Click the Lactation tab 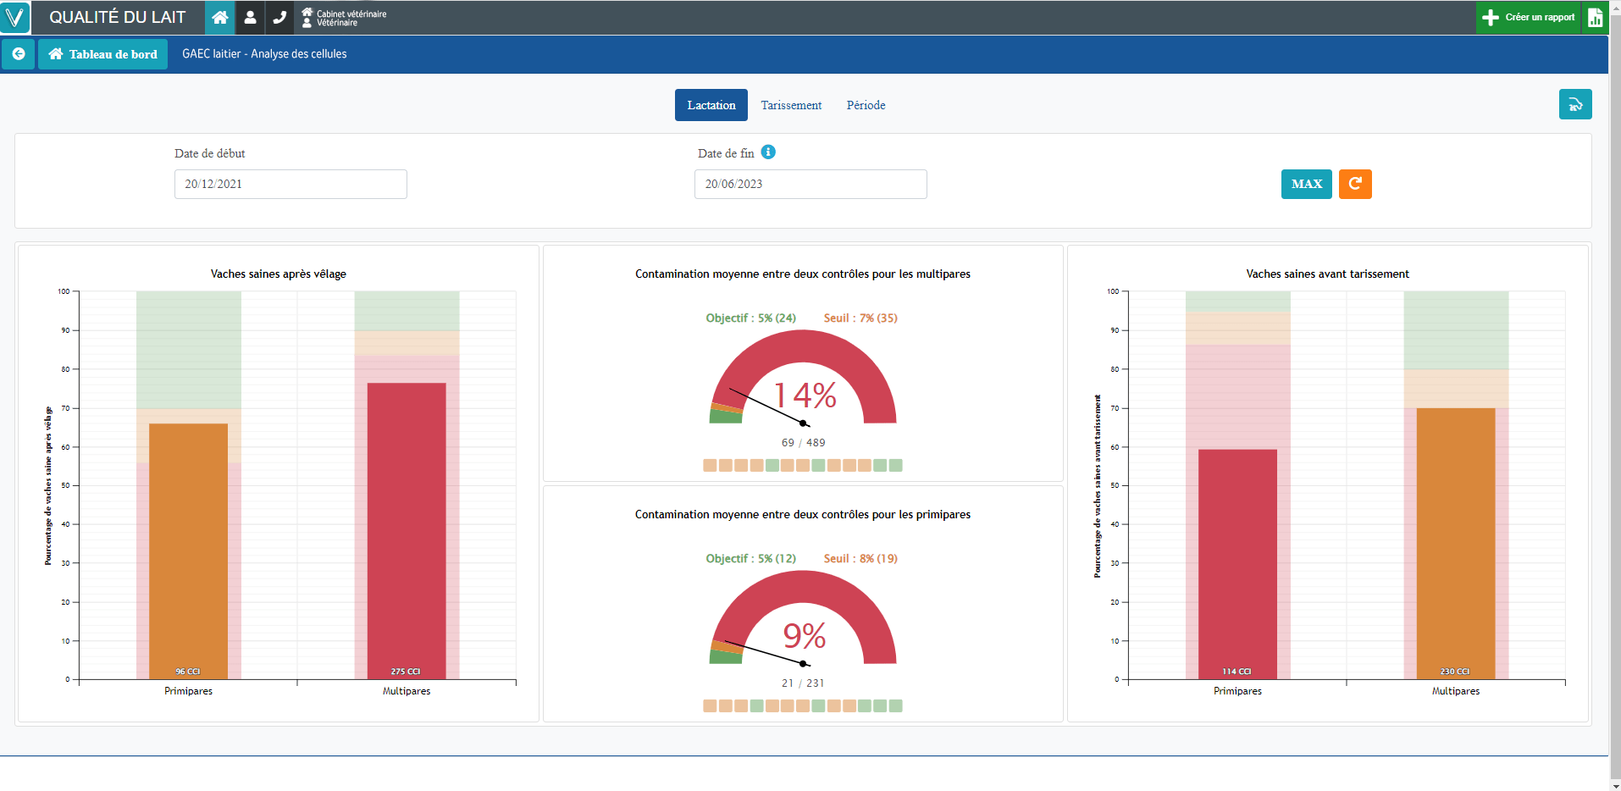(x=711, y=105)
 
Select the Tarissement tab (x=790, y=105)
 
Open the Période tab (x=866, y=105)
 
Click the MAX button (x=1306, y=184)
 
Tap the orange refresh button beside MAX (x=1354, y=184)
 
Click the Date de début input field (x=290, y=184)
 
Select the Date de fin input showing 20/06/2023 (x=810, y=184)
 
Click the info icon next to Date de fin (x=767, y=152)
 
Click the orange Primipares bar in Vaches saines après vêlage (x=188, y=550)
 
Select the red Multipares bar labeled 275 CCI (x=407, y=529)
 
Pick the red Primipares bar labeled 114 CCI (x=1237, y=563)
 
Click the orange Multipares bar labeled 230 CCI (x=1455, y=542)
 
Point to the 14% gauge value (x=805, y=395)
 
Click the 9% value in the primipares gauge (x=804, y=636)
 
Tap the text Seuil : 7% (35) (x=860, y=318)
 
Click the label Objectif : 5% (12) (x=750, y=559)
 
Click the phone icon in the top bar (x=279, y=17)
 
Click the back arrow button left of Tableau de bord (x=19, y=54)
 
